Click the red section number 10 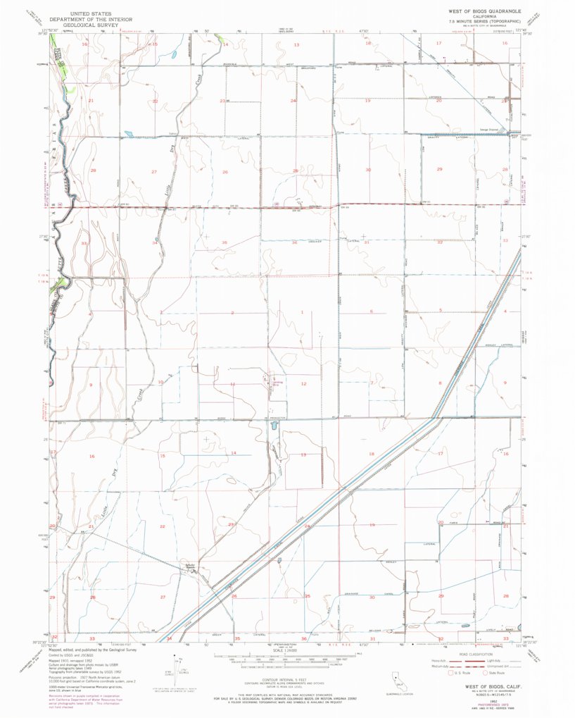160,382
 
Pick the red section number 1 303,311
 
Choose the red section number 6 372,311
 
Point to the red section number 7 372,383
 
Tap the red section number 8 440,383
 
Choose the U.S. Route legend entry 453,673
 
